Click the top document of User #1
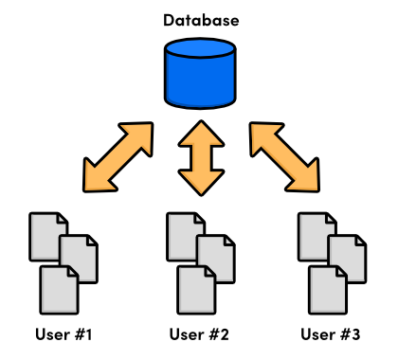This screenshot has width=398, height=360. point(44,231)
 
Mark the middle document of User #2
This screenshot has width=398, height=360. point(214,257)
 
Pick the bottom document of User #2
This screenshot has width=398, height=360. point(194,290)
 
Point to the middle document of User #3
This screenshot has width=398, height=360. point(346,257)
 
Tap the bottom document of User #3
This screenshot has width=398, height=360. point(326,290)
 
